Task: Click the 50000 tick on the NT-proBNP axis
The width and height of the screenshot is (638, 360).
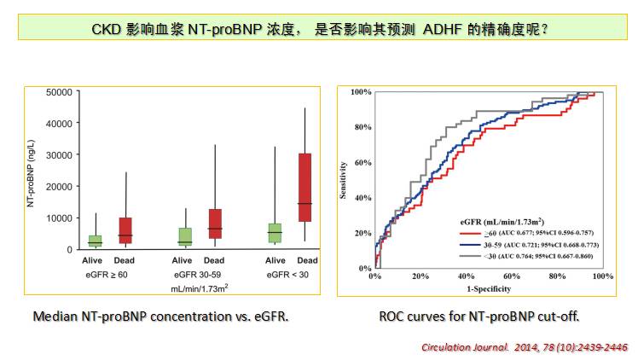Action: coord(55,92)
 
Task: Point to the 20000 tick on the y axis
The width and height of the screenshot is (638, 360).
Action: coord(55,186)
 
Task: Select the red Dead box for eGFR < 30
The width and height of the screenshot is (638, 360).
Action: coord(304,188)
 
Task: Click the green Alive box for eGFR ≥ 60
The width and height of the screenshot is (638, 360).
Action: coord(96,241)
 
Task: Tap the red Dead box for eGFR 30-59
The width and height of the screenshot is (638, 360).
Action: coord(215,224)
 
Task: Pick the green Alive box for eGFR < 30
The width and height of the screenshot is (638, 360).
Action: coord(274,233)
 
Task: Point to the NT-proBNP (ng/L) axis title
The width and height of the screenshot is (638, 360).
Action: coord(32,170)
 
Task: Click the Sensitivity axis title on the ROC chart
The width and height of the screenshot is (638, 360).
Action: coord(344,182)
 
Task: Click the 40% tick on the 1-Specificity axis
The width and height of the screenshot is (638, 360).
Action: coord(466,277)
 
